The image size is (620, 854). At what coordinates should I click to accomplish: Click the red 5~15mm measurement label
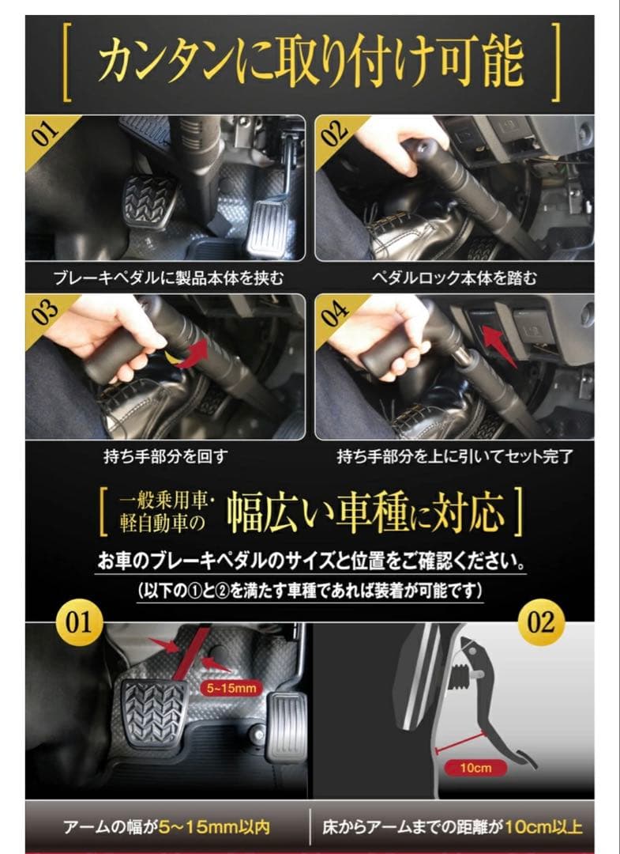tap(230, 687)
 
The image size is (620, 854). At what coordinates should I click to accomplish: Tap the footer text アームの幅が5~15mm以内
tap(167, 828)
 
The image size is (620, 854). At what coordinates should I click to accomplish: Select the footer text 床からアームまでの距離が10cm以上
tap(453, 828)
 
